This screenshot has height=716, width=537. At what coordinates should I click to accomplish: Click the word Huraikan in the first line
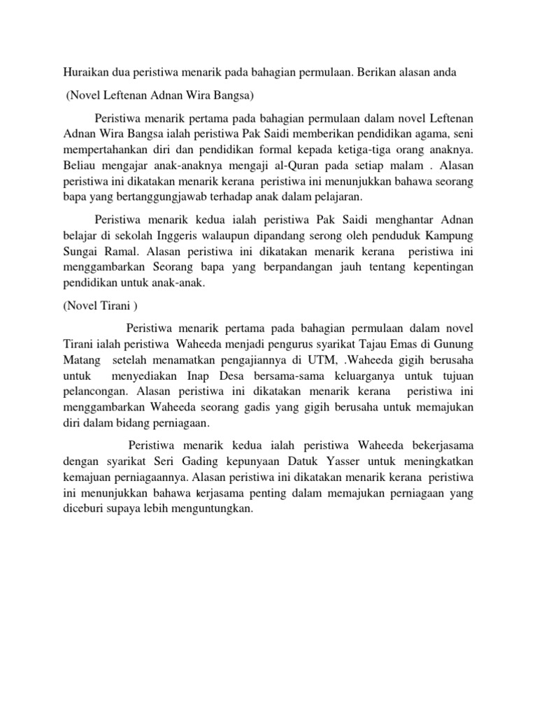[85, 72]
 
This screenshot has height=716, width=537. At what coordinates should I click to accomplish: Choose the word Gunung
[455, 343]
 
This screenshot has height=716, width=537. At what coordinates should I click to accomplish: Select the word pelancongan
[96, 392]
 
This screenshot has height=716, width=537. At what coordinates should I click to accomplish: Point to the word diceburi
[85, 510]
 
